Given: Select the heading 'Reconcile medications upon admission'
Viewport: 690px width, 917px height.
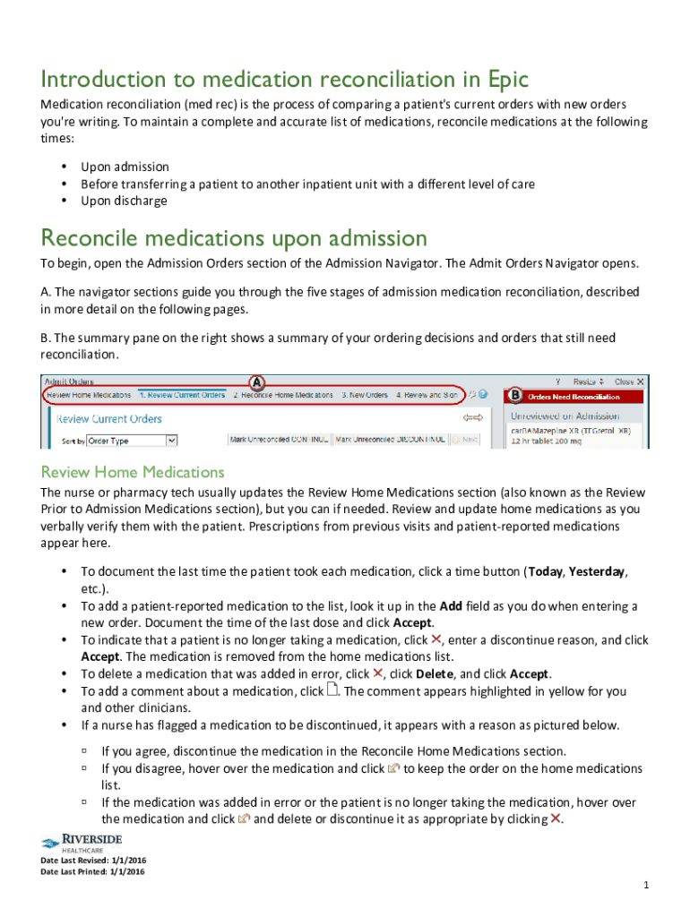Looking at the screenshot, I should [x=234, y=238].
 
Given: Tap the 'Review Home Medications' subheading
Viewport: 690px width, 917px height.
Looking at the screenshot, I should [x=133, y=472].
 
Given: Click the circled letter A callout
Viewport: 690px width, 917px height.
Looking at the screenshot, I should [x=256, y=380].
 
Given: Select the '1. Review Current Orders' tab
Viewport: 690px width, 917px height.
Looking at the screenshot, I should [x=182, y=395].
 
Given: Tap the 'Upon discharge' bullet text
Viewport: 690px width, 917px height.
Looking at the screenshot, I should [x=124, y=201].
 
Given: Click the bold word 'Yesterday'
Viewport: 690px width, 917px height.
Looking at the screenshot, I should [x=598, y=571].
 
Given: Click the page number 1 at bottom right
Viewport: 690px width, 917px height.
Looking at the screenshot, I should [x=645, y=886].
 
